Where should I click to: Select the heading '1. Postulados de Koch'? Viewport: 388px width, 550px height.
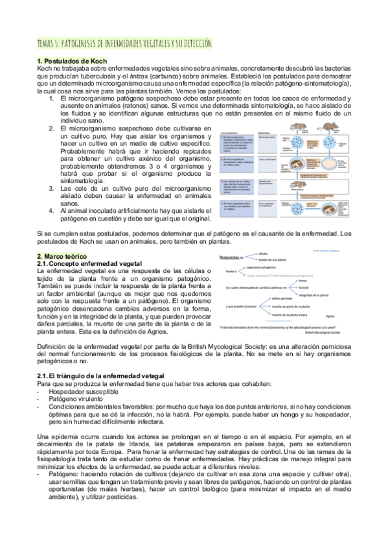coord(67,60)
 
